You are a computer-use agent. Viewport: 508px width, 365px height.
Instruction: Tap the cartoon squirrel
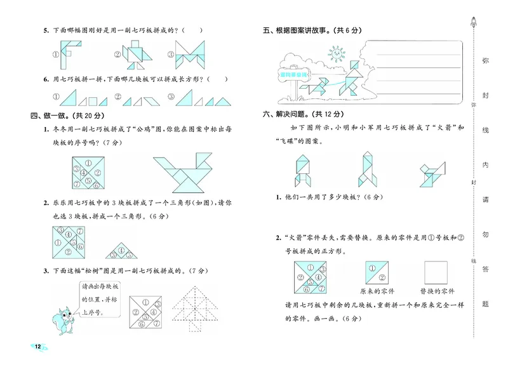(62, 315)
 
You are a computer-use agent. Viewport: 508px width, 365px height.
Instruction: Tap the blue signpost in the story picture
(293, 74)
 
